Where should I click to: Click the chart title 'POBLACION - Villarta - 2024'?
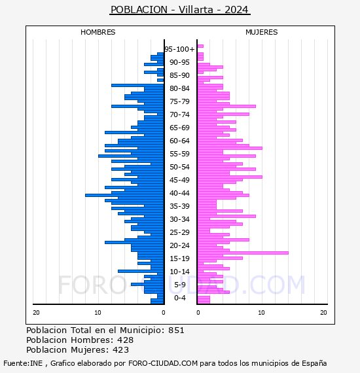[179, 10]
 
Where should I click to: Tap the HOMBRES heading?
[98, 32]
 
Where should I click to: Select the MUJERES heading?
[262, 32]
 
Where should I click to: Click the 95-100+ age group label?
[179, 49]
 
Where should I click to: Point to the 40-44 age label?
[179, 193]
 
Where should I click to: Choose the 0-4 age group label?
[179, 298]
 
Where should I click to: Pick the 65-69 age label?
[179, 128]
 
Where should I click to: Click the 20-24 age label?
[179, 245]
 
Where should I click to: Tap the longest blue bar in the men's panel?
[124, 196]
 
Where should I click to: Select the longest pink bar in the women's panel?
[243, 253]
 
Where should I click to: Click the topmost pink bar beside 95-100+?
[200, 46]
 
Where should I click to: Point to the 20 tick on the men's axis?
[36, 313]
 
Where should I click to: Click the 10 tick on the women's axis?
[261, 313]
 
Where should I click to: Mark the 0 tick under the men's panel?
[164, 313]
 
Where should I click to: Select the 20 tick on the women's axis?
[323, 313]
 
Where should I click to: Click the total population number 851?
[176, 330]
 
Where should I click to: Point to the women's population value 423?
[121, 350]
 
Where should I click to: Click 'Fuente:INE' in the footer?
[23, 363]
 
